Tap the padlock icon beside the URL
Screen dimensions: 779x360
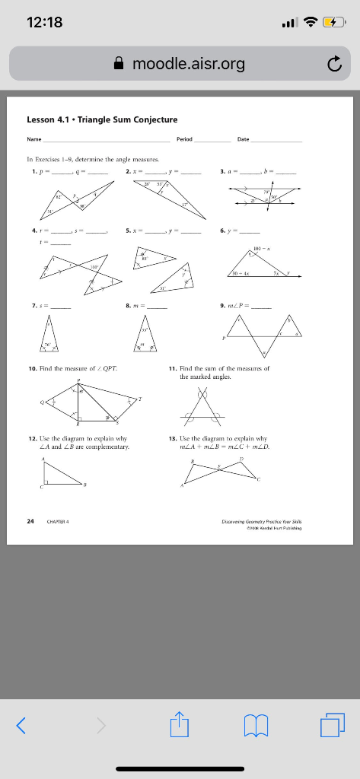120,63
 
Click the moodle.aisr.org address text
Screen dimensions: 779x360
189,63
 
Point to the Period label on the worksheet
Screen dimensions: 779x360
184,139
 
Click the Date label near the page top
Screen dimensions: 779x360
243,139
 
